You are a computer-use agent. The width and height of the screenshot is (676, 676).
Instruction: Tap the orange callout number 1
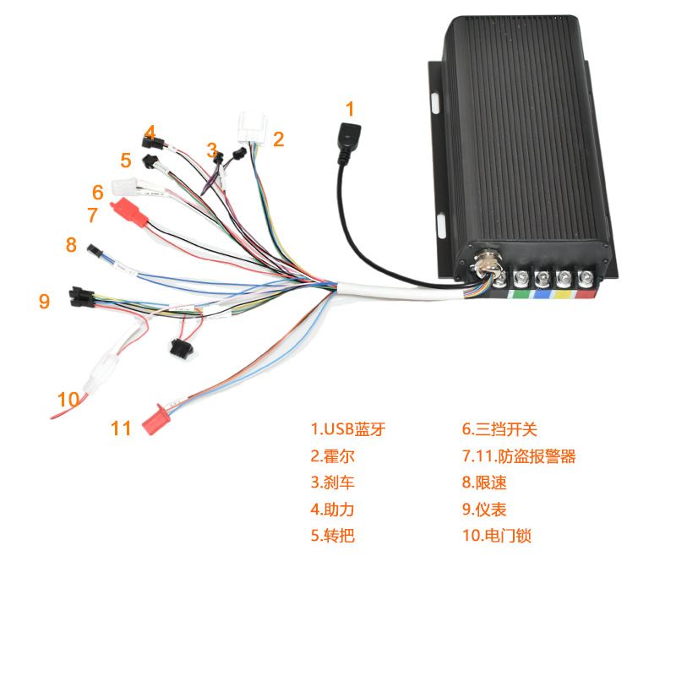351,108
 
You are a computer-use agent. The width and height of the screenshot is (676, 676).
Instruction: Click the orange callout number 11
122,428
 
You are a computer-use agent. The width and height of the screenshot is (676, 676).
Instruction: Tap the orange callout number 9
44,301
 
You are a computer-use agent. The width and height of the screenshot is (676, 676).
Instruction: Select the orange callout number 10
68,399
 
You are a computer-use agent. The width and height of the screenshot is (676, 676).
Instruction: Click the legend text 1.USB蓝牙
347,429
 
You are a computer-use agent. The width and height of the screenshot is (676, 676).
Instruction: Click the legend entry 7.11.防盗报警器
518,456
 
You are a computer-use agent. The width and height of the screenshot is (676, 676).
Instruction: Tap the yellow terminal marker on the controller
562,295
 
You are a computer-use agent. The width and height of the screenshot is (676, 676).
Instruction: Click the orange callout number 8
71,245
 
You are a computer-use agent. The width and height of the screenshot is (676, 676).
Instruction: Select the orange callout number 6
98,193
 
